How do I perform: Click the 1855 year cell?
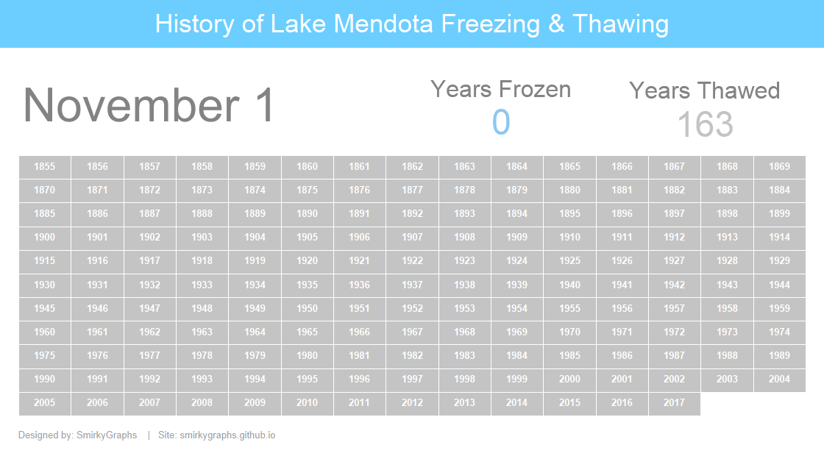coord(45,167)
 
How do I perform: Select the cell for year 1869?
coord(779,167)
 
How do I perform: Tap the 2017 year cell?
coord(674,403)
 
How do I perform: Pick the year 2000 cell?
coord(569,380)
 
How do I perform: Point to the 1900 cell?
coord(45,238)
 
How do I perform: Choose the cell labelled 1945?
coord(45,308)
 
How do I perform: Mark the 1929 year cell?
coord(779,261)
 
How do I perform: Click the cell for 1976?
coord(97,356)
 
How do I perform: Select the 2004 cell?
coord(779,380)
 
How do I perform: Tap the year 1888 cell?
coord(202,214)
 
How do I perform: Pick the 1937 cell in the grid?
coord(412,285)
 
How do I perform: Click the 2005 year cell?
coord(45,403)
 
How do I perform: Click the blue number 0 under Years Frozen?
coord(501,122)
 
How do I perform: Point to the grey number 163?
coord(705,124)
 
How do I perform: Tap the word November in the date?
coord(132,105)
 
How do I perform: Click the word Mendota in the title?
coord(384,24)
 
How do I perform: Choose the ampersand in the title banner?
coord(556,24)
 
